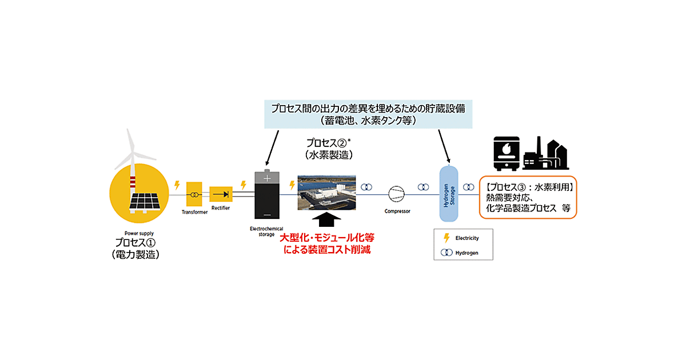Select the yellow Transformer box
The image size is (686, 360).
point(195,195)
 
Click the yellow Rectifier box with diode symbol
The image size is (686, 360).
point(221,194)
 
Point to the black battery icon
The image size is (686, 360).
point(266,196)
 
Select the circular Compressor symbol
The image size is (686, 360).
point(397,194)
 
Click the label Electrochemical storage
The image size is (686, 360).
point(266,231)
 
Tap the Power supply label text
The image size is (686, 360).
point(138,233)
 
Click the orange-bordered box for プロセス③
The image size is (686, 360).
point(527,197)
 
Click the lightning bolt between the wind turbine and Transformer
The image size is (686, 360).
point(177,185)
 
